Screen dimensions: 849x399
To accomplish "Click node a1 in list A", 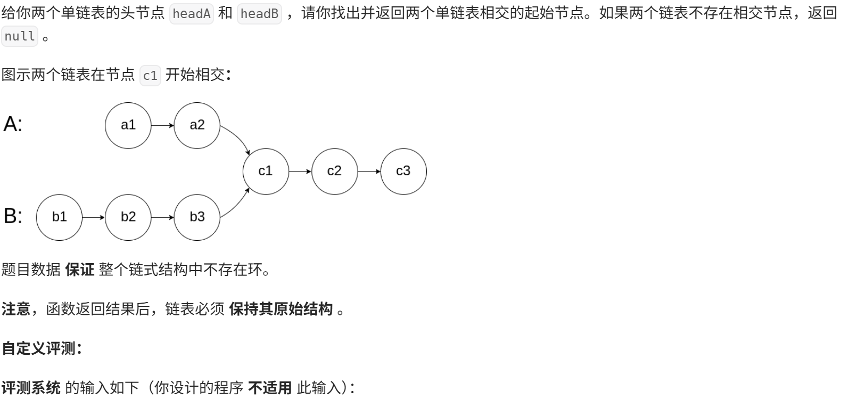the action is [x=128, y=125].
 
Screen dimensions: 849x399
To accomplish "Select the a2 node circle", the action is [x=197, y=125].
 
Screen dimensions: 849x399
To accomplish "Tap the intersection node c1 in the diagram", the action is [x=266, y=171].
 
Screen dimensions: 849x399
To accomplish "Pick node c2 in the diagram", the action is [x=334, y=171].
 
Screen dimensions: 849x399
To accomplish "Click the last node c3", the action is [x=403, y=171].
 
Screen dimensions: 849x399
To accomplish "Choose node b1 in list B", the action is [x=59, y=217].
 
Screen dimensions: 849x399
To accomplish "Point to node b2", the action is [x=128, y=217].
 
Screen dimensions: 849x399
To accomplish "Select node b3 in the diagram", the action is [x=197, y=217].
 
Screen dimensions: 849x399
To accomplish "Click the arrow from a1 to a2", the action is [x=162, y=126].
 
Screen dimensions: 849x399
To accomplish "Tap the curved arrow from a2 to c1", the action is [x=238, y=137].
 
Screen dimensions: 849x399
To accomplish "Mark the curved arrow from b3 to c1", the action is [x=238, y=205].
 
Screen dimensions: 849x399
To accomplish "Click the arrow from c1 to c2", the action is [x=300, y=172].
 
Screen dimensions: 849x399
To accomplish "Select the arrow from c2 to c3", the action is [x=369, y=172].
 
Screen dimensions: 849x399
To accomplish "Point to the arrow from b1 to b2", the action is [x=94, y=217].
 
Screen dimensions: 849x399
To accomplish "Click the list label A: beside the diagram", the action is [x=13, y=124].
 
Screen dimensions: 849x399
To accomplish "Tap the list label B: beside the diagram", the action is [x=13, y=216].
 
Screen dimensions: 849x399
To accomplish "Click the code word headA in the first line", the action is [x=191, y=13].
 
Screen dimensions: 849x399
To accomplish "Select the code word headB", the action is [x=259, y=13].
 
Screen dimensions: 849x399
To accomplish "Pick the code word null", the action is [x=20, y=36].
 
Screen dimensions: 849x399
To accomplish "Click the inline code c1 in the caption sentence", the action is [x=150, y=75].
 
